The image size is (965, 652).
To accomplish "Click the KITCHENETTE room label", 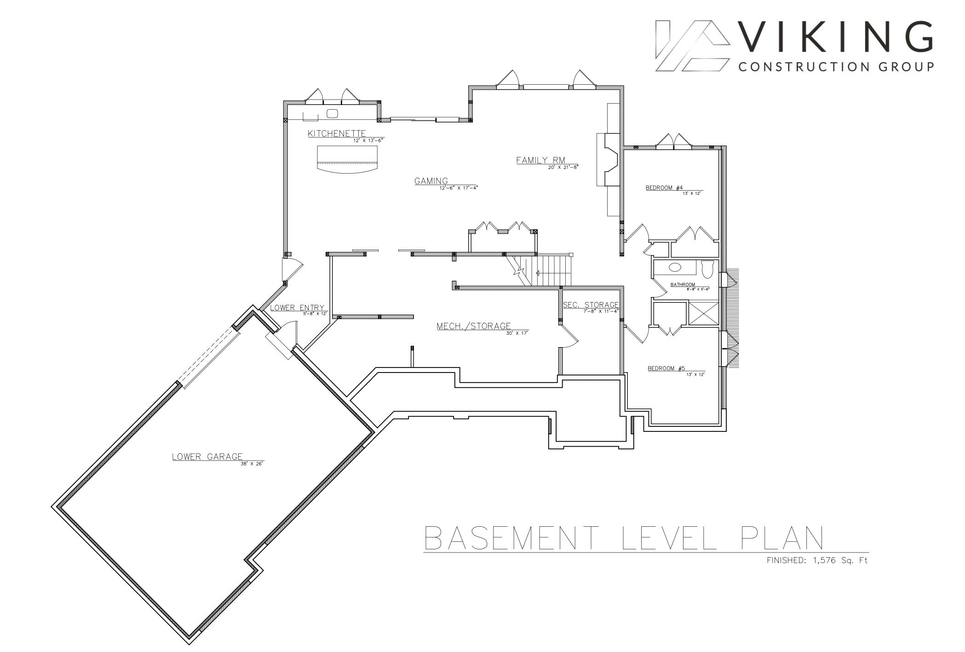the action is [337, 134].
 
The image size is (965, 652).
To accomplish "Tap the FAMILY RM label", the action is [540, 160].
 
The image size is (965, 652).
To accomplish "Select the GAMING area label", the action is [431, 181].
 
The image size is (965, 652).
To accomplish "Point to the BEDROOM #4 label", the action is [664, 187].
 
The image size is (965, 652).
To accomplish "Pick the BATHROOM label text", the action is [683, 285].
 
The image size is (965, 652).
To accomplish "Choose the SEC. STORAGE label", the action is [591, 305].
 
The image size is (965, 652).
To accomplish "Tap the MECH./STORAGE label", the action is [474, 326].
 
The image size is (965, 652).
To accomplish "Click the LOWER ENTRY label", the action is [297, 308].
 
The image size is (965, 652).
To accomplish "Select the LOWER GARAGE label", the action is [207, 457].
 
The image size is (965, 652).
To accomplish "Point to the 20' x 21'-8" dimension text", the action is [563, 168].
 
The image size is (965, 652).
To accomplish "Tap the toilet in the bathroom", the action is [707, 269].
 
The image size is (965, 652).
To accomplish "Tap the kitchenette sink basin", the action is [332, 113].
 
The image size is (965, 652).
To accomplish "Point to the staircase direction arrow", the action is [553, 273].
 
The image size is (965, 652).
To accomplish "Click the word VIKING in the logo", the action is [837, 37].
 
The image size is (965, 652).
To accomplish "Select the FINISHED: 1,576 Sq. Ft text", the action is [817, 560].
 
